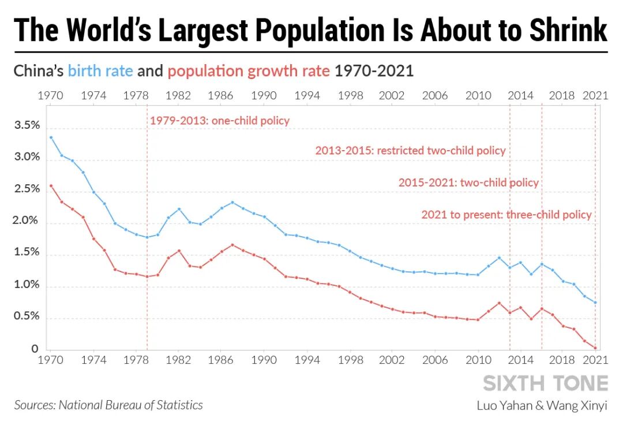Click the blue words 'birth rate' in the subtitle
(x=100, y=71)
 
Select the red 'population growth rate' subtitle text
(x=249, y=71)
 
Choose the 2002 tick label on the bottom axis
(x=392, y=359)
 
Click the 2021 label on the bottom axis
(x=595, y=359)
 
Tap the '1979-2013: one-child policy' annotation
(x=220, y=121)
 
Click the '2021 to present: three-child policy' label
(x=506, y=215)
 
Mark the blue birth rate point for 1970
(x=51, y=137)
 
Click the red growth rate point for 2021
(x=595, y=348)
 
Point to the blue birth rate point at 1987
(x=232, y=202)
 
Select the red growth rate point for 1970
(x=51, y=185)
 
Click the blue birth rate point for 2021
(x=595, y=303)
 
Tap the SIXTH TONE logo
(x=545, y=383)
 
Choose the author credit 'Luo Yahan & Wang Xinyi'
(x=542, y=405)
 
